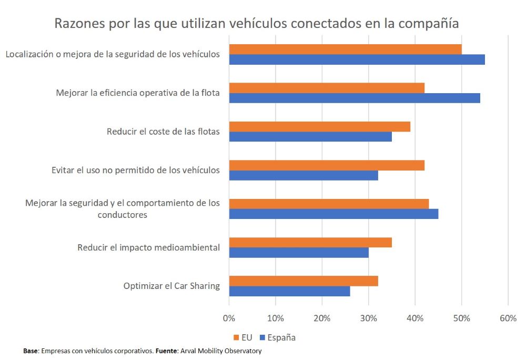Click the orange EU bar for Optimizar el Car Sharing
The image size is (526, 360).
coord(304,281)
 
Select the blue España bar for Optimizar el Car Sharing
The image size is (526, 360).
coord(289,291)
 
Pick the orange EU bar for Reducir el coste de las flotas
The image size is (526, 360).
coord(319,127)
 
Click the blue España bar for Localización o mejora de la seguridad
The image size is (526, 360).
coord(357,59)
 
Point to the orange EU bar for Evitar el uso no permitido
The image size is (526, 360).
coord(327,165)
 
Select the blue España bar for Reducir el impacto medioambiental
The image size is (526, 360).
coord(299,253)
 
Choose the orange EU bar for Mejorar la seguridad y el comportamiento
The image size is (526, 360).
coord(329,204)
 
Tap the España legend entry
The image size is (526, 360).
coord(277,337)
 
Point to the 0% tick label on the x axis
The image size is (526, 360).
coord(229,318)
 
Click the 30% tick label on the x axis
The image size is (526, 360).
coord(368,318)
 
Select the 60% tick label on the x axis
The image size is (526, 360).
coord(508,318)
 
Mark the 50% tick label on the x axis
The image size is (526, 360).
coord(461,318)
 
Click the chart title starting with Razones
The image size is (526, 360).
coord(257,24)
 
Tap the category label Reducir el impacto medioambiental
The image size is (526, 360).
coord(148,247)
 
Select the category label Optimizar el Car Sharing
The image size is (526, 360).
coord(171,286)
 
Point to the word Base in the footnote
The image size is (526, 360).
coord(31,351)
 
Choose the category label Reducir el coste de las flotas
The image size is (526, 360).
coord(163,132)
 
